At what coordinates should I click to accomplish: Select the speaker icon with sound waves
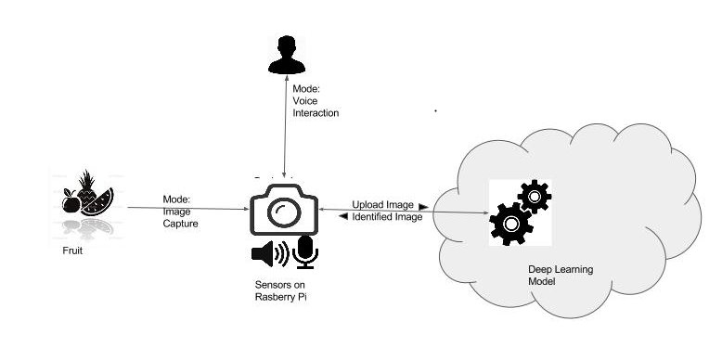270,252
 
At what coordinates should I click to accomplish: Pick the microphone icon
304,251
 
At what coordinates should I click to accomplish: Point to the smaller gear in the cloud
535,196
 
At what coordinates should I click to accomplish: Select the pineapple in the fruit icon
85,186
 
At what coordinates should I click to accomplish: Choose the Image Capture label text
177,211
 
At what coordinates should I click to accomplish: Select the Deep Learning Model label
561,275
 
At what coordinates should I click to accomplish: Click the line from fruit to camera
186,209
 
